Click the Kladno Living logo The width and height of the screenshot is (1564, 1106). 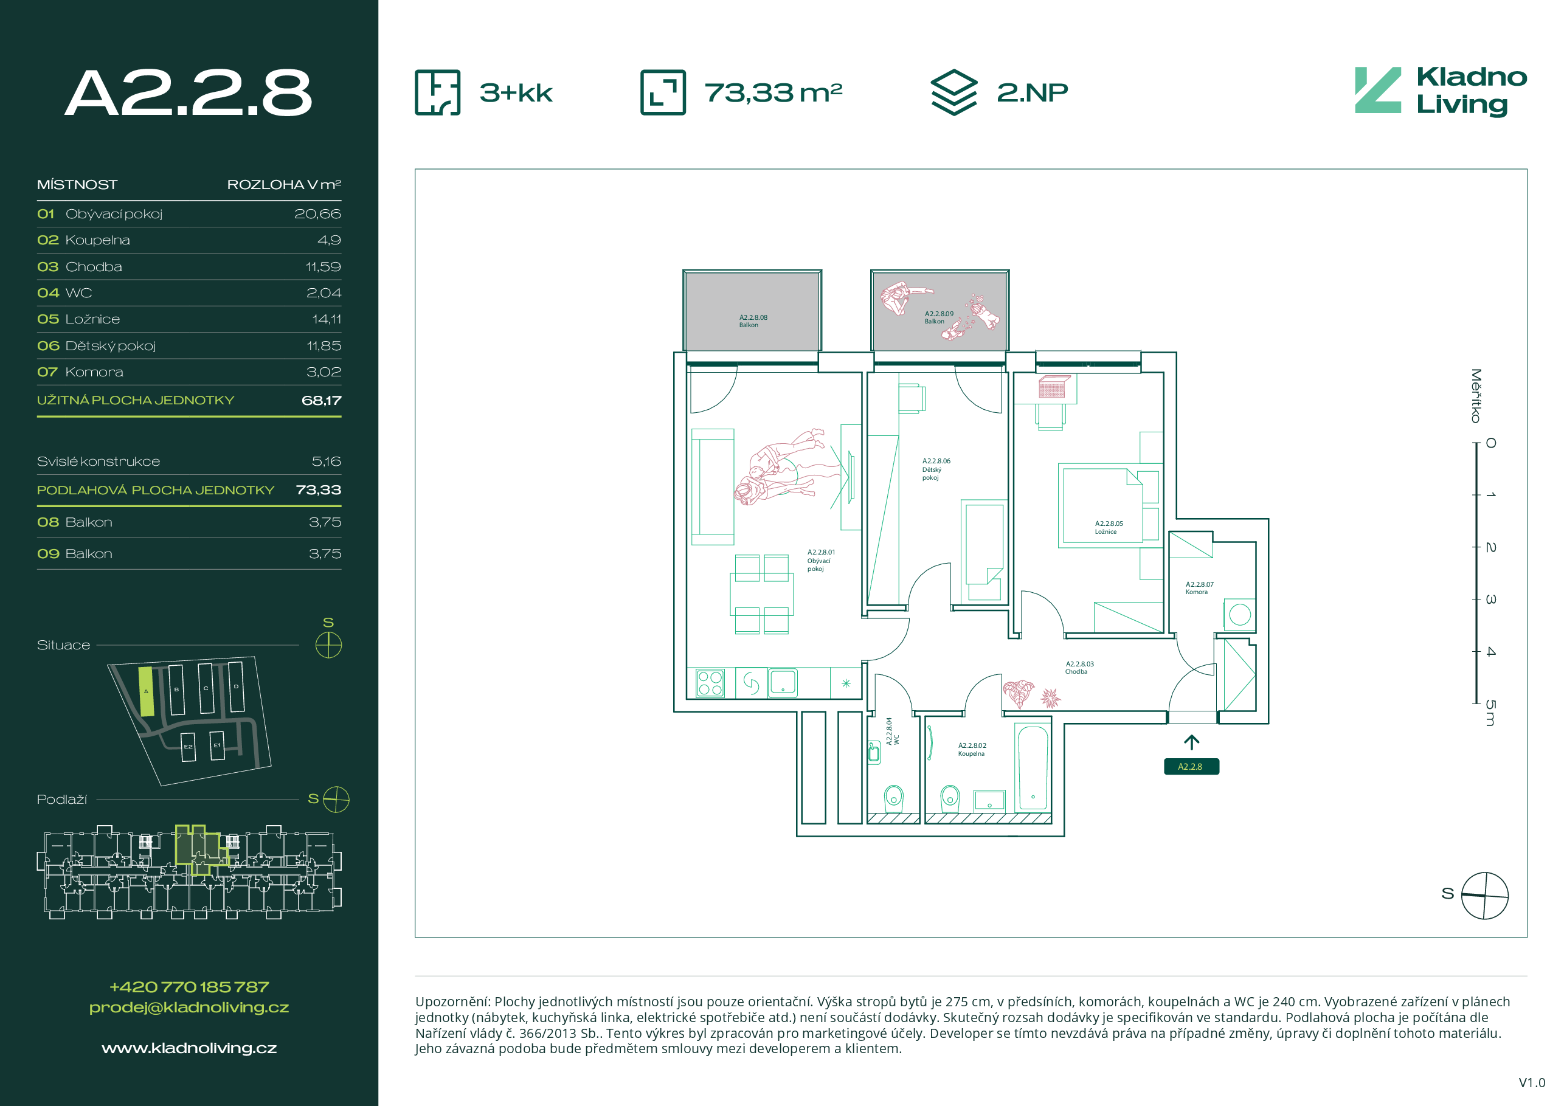click(1441, 91)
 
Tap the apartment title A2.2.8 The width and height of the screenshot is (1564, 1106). click(189, 92)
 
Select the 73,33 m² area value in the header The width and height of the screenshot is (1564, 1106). click(773, 92)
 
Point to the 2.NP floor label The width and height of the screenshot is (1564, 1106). click(1032, 92)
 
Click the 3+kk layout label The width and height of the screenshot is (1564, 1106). click(516, 92)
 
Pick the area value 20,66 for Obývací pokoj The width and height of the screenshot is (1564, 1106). click(317, 214)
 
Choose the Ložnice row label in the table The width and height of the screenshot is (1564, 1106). click(92, 319)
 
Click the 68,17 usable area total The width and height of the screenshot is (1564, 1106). click(322, 401)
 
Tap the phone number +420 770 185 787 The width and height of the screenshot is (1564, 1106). click(189, 987)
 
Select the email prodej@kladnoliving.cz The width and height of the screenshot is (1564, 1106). click(189, 1007)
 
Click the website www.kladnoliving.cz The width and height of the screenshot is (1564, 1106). click(189, 1048)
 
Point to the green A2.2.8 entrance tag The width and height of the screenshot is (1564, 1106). click(1191, 767)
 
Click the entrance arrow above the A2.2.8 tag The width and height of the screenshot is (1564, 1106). click(1191, 742)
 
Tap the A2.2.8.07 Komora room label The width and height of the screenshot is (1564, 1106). click(1200, 588)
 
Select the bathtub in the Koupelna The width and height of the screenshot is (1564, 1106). click(1033, 767)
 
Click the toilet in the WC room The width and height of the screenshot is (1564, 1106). click(893, 798)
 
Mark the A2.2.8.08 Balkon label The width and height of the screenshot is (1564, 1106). click(753, 322)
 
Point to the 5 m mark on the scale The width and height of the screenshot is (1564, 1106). click(1490, 713)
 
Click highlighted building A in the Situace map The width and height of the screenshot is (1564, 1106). click(146, 691)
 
